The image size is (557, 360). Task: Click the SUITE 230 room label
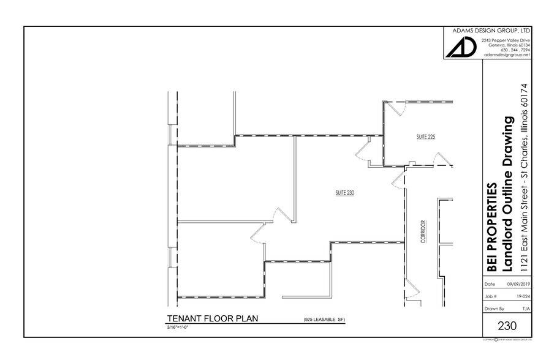tap(346, 192)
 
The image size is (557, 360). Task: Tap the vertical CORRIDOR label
tap(423, 232)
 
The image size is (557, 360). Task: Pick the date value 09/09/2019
tap(518, 284)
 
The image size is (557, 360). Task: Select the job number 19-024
tap(523, 297)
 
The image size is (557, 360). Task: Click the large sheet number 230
tap(507, 326)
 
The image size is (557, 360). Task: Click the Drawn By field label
tap(494, 309)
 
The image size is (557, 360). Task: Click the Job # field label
tap(490, 297)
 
